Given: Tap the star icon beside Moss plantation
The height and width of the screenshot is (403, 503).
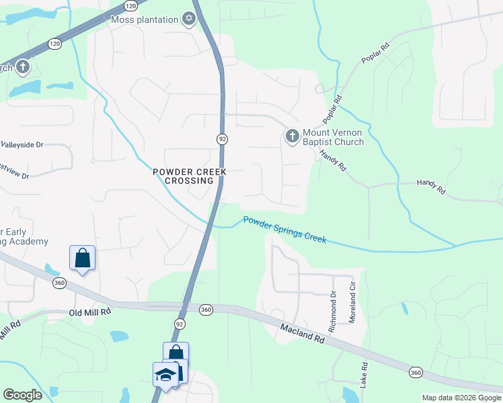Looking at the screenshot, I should pyautogui.click(x=189, y=19).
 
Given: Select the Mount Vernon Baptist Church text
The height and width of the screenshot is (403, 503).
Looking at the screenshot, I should pyautogui.click(x=333, y=138).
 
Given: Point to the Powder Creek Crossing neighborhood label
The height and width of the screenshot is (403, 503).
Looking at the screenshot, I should pyautogui.click(x=189, y=176).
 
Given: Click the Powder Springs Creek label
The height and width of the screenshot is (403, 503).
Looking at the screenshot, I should pyautogui.click(x=284, y=230).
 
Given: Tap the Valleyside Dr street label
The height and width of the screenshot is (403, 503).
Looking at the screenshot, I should pyautogui.click(x=22, y=144).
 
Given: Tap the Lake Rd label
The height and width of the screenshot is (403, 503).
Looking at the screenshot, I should pyautogui.click(x=364, y=375).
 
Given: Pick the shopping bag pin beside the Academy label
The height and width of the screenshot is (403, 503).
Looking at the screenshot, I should pyautogui.click(x=82, y=257).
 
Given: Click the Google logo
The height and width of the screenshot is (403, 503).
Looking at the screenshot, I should pyautogui.click(x=22, y=395).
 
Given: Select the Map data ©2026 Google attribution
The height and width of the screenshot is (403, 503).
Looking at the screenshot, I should pyautogui.click(x=461, y=398).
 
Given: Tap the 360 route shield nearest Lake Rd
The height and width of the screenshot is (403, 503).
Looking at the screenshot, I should pyautogui.click(x=415, y=371).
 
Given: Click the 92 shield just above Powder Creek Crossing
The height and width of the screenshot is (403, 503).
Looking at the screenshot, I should pyautogui.click(x=222, y=138).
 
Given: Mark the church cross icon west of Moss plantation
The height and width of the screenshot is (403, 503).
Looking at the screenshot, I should pyautogui.click(x=22, y=66).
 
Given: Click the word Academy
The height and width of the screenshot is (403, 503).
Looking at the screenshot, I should pyautogui.click(x=28, y=241).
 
